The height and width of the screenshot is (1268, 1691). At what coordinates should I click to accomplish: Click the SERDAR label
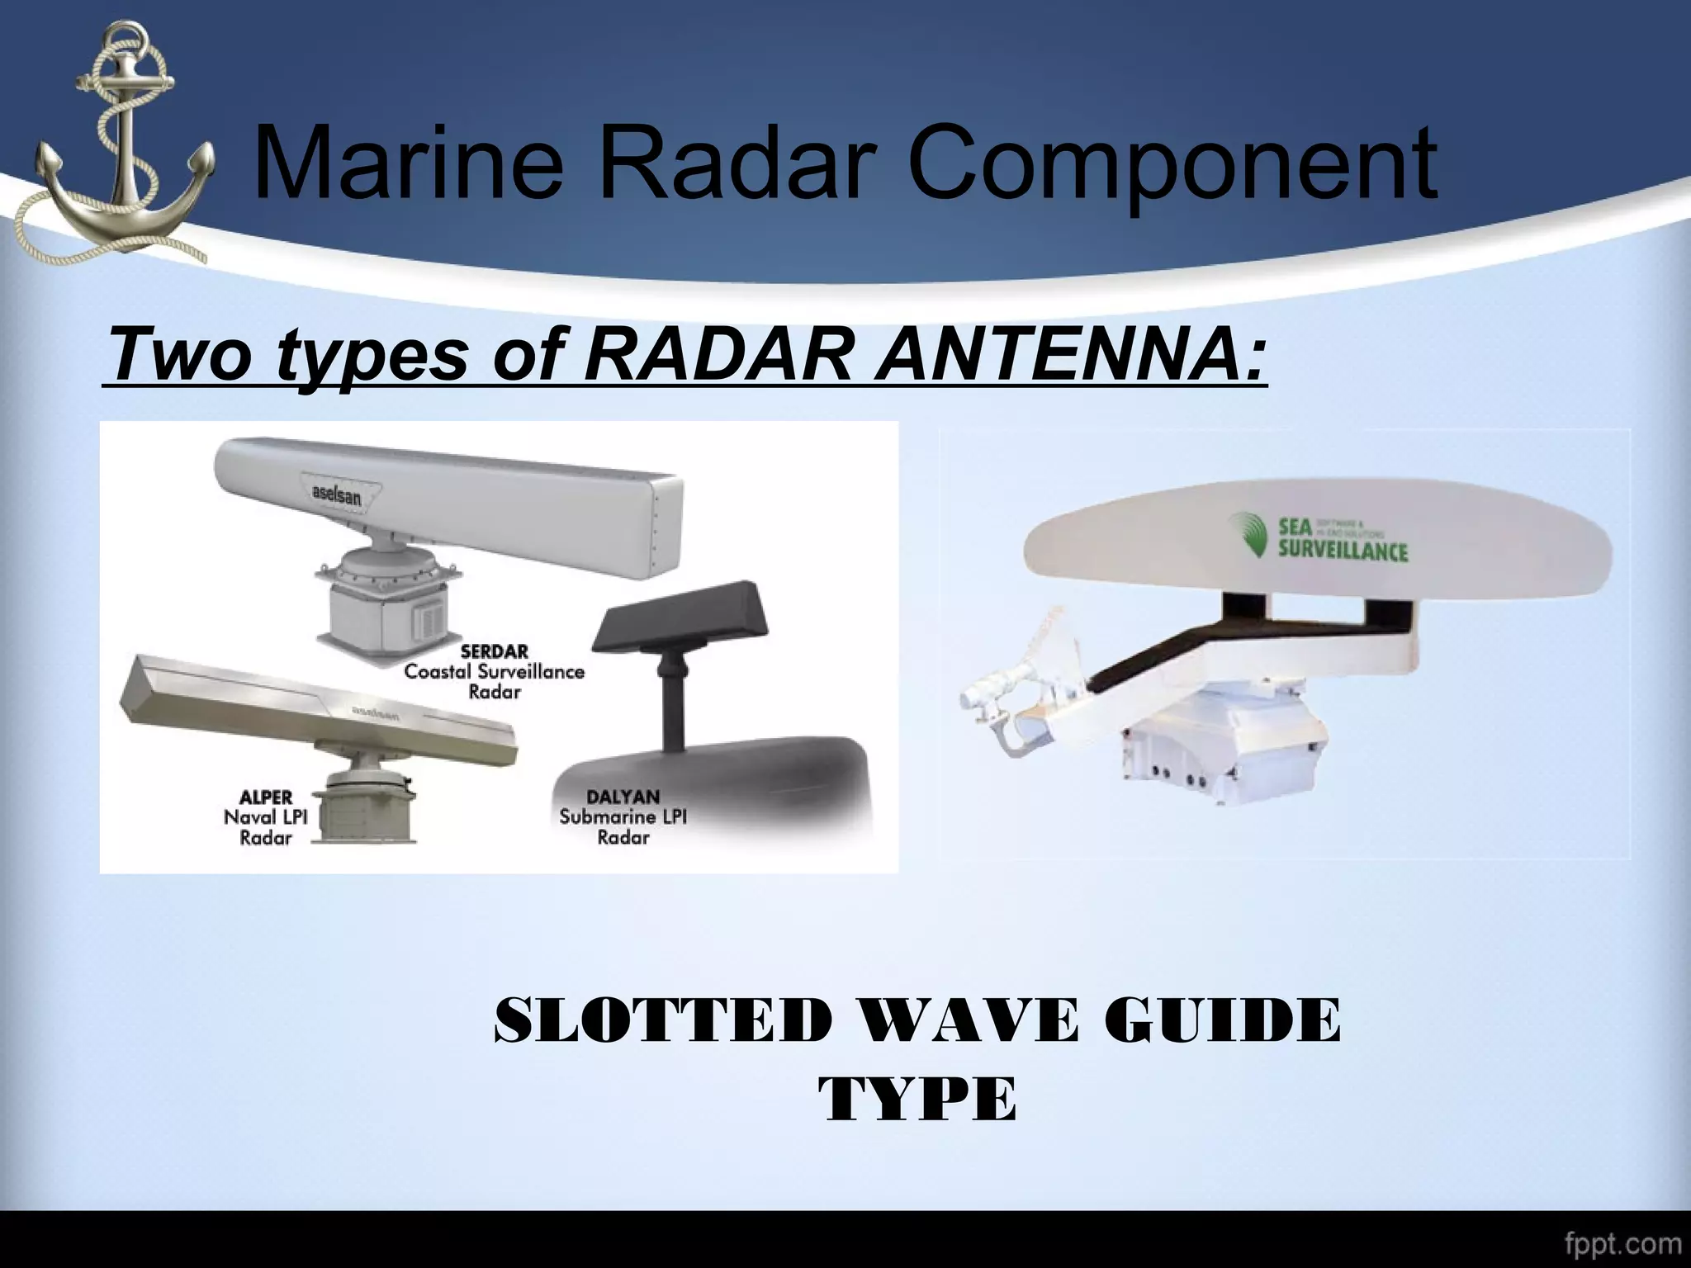(494, 651)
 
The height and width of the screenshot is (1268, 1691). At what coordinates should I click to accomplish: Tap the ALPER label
(266, 797)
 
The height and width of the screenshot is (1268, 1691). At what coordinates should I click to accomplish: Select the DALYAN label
(623, 797)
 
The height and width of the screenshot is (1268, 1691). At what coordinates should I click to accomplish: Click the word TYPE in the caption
(917, 1100)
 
